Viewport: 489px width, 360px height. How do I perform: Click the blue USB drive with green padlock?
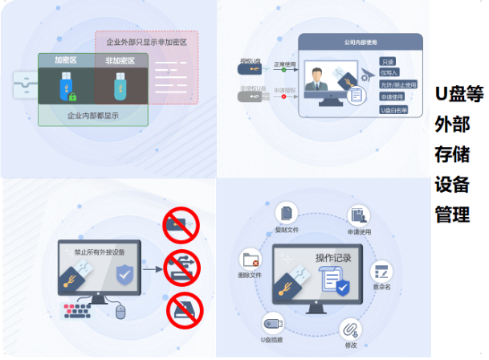pos(67,87)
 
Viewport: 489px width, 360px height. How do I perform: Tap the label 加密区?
pos(67,60)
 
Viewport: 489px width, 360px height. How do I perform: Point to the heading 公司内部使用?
pos(359,41)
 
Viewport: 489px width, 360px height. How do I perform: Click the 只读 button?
pos(389,61)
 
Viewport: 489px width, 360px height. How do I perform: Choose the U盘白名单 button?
pos(394,108)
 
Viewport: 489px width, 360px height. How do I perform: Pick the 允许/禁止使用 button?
pos(398,84)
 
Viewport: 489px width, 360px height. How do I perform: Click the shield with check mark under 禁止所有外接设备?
pos(124,275)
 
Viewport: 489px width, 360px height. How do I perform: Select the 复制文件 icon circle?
pos(286,214)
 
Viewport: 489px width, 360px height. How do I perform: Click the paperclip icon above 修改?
pos(350,329)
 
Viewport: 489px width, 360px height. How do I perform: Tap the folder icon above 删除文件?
pos(251,259)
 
